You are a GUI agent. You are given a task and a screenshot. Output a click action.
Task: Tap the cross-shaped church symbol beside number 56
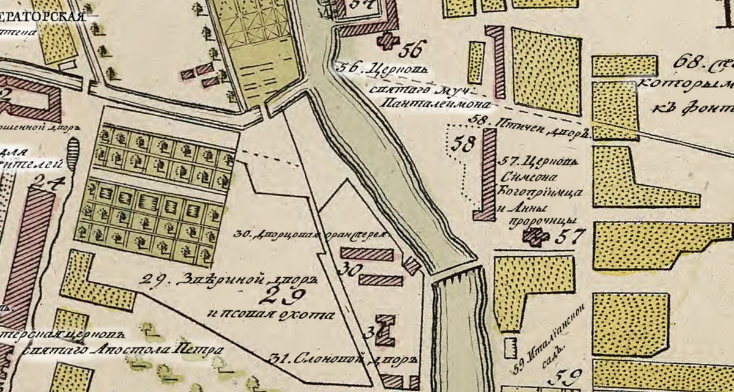(x=386, y=41)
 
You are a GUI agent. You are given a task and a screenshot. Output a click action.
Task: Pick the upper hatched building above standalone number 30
(x=366, y=254)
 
